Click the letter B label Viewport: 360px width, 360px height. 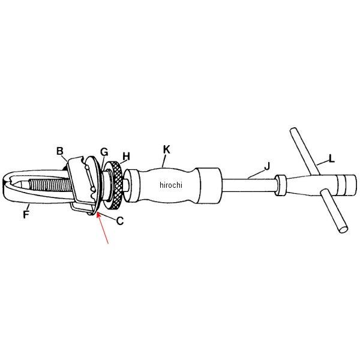tap(59, 151)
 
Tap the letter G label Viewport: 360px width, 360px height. tap(104, 152)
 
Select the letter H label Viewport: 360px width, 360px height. tap(126, 157)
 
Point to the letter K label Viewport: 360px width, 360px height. tap(167, 149)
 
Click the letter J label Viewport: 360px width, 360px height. tap(267, 166)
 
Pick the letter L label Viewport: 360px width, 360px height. tap(331, 158)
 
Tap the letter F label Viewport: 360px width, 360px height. tap(26, 214)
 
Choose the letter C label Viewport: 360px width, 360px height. tap(120, 221)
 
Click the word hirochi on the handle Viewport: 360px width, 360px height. tap(171, 185)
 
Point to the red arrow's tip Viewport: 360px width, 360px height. tap(98, 212)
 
